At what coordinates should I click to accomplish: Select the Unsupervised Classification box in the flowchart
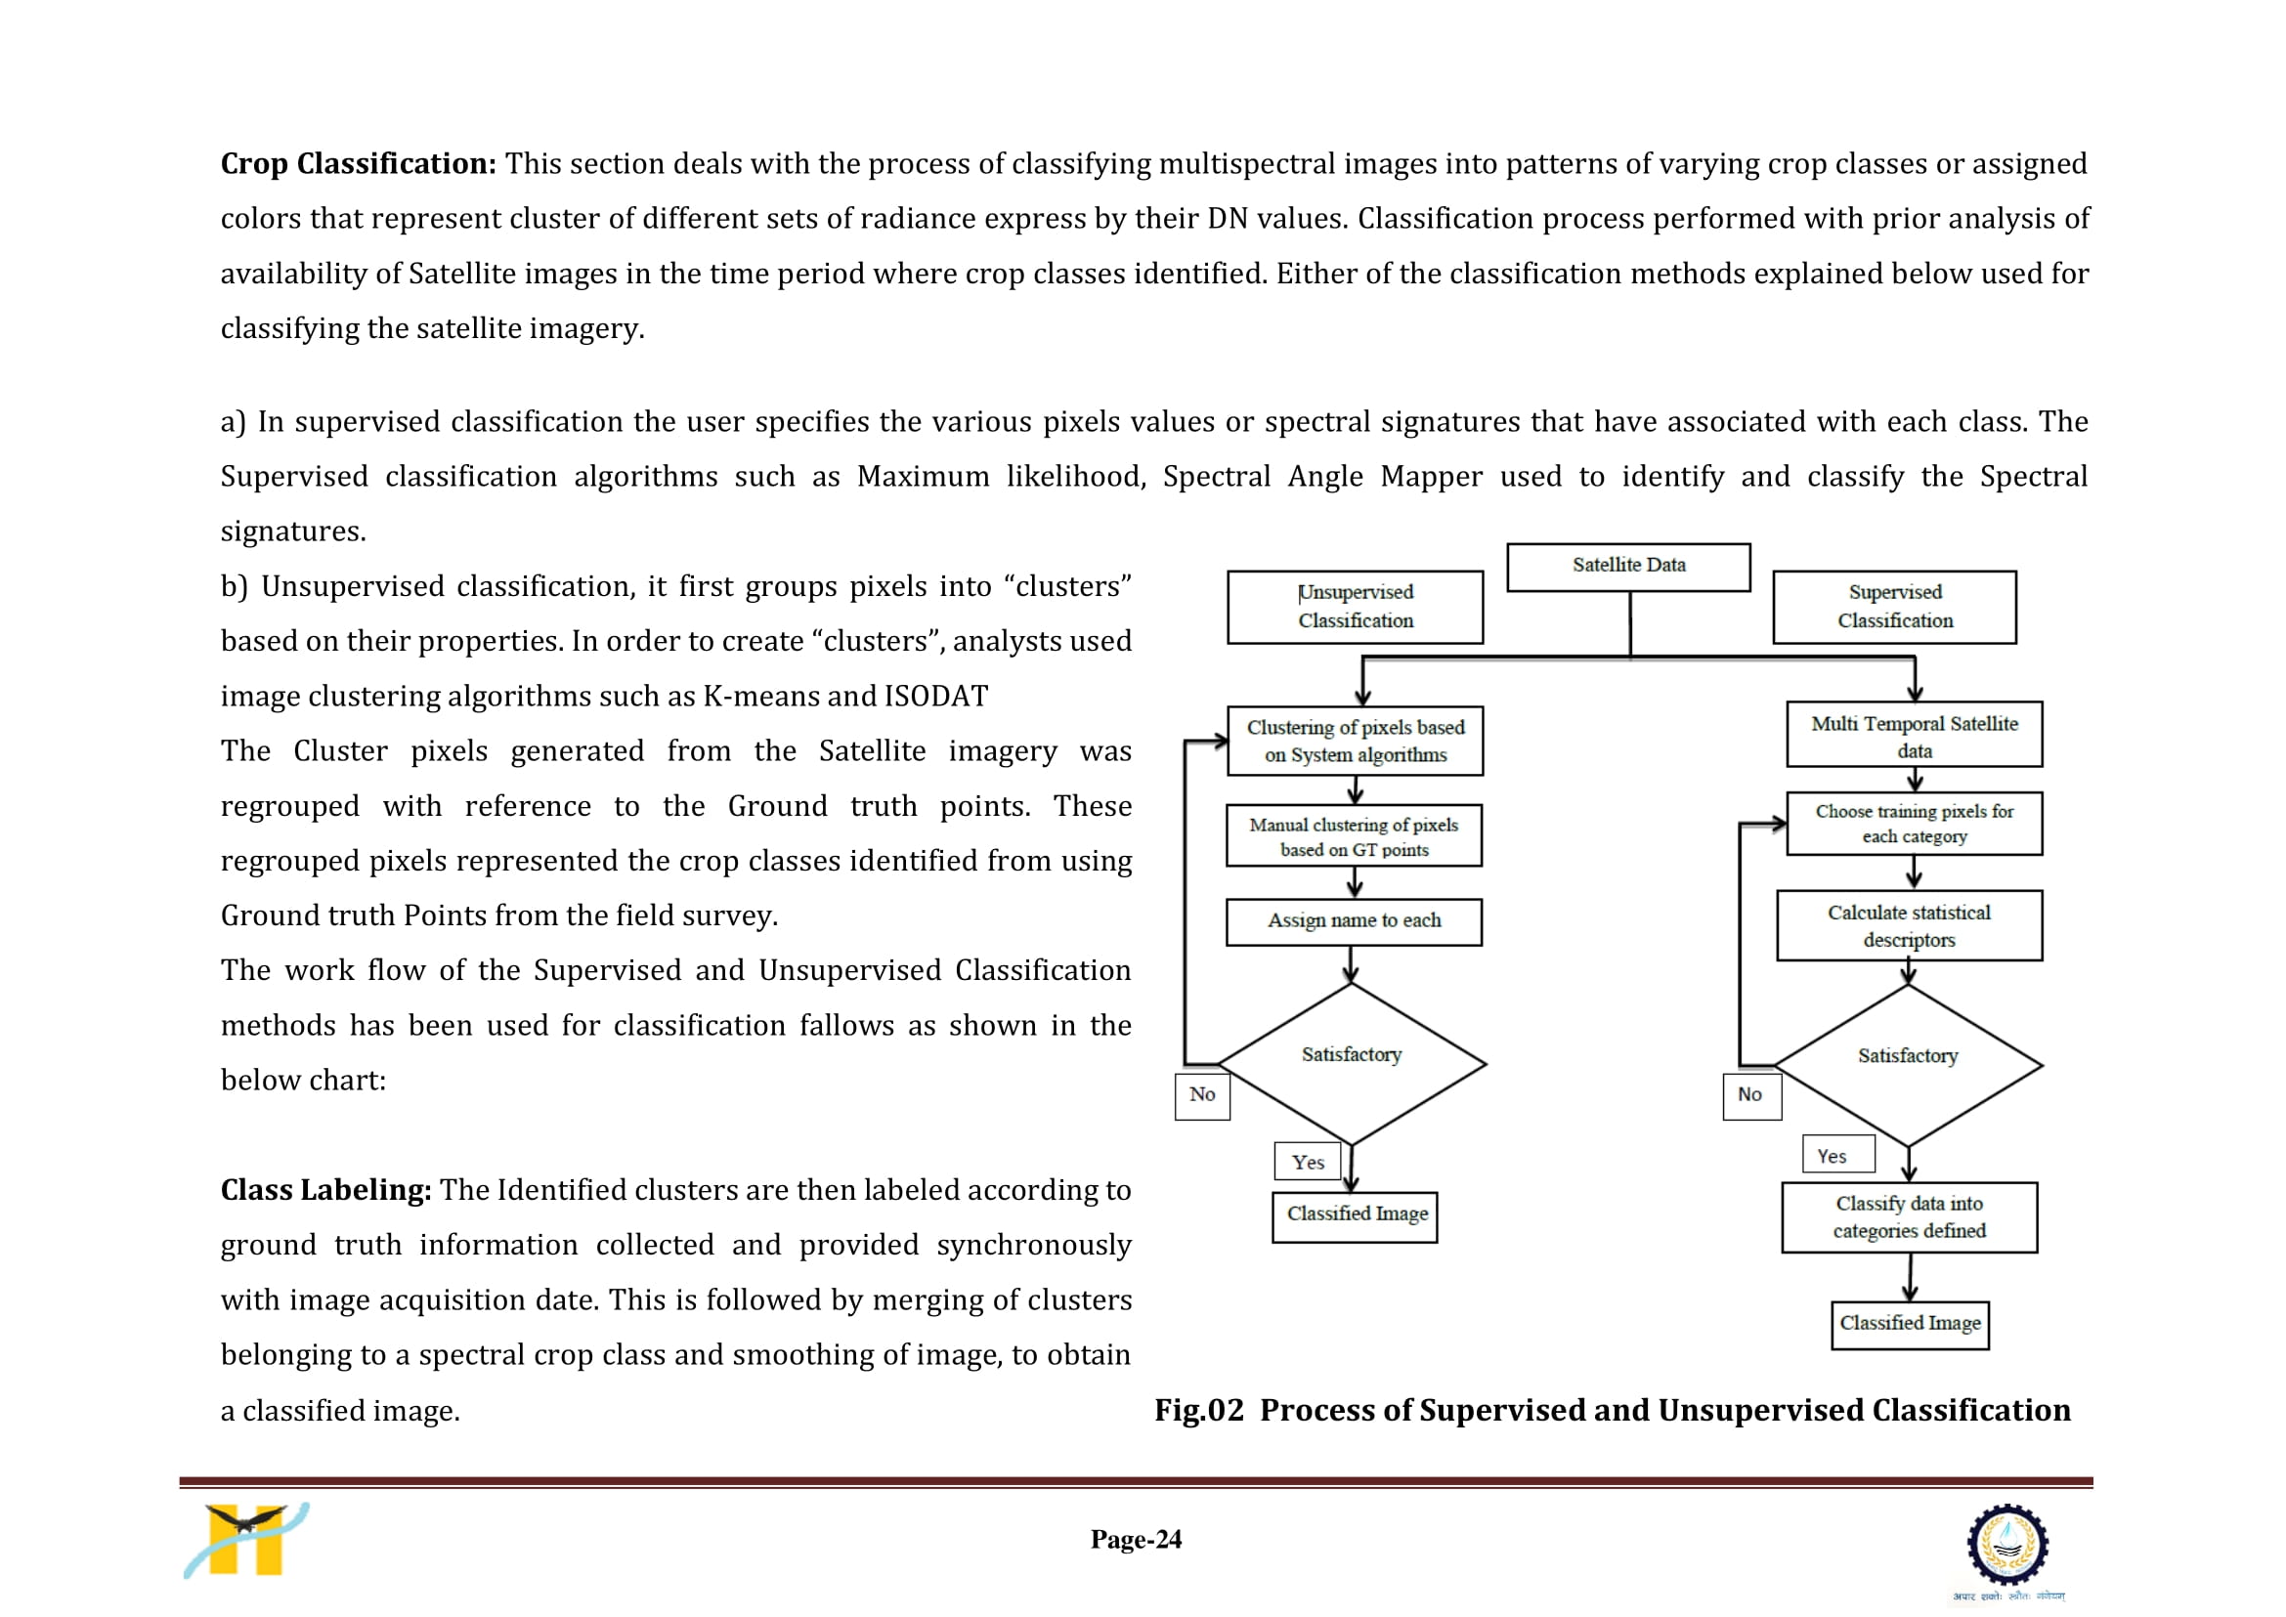(x=1355, y=607)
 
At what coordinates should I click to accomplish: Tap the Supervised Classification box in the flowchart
(x=1894, y=607)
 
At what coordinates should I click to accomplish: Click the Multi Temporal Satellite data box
(x=1914, y=735)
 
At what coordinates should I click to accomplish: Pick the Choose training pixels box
(x=1914, y=824)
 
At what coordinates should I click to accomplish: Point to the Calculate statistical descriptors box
(x=1909, y=925)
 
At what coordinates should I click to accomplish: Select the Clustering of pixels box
(x=1355, y=741)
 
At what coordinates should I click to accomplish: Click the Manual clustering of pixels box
(x=1354, y=835)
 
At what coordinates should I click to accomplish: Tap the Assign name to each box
(x=1354, y=922)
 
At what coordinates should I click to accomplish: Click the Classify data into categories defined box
(x=1909, y=1216)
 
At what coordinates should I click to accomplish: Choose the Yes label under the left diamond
(x=1307, y=1161)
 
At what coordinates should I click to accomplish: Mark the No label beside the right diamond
(x=1751, y=1095)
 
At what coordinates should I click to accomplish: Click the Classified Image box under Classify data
(x=1910, y=1324)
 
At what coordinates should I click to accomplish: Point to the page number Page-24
(x=1136, y=1540)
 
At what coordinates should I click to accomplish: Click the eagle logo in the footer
(x=246, y=1540)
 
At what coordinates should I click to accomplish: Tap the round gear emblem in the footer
(x=2007, y=1545)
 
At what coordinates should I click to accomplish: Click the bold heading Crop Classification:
(x=359, y=163)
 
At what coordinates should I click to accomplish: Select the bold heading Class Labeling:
(x=325, y=1190)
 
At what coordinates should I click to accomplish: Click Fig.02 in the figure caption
(x=1199, y=1410)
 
